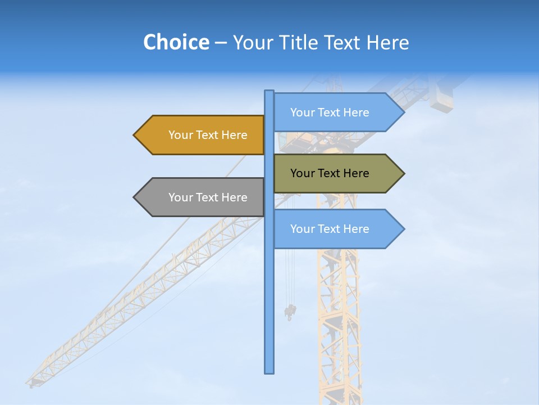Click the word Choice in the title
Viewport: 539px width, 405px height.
(x=176, y=42)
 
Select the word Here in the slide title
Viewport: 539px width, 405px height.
(x=387, y=42)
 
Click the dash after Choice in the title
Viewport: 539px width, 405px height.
(x=221, y=43)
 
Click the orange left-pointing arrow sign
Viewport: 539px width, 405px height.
(x=199, y=135)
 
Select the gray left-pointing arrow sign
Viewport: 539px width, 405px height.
(x=199, y=197)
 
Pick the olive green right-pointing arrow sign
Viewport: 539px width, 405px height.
(x=337, y=173)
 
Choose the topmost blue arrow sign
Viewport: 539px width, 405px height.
(x=337, y=112)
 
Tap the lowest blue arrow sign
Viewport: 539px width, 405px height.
(x=337, y=229)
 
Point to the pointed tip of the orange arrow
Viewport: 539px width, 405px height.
(x=135, y=135)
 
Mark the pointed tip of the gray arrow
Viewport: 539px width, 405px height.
(x=135, y=197)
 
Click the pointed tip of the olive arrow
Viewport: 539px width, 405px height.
(x=403, y=173)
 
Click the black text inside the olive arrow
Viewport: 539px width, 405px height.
(x=330, y=173)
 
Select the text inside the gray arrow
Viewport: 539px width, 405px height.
(x=208, y=197)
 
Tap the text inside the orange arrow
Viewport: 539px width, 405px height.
(x=208, y=135)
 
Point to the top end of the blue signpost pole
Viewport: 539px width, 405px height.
(x=269, y=92)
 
